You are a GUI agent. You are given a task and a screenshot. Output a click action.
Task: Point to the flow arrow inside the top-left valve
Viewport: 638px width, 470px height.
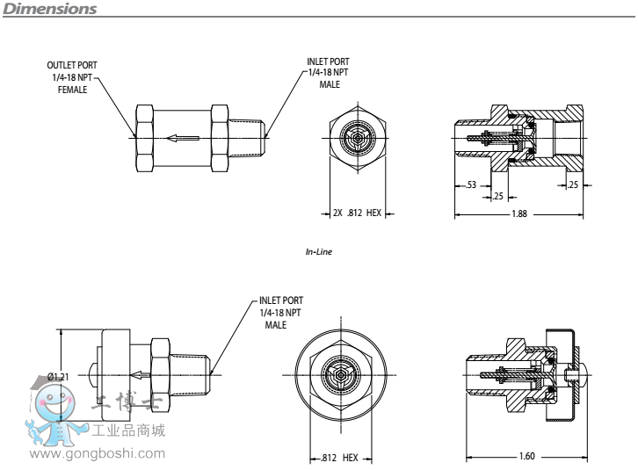point(183,137)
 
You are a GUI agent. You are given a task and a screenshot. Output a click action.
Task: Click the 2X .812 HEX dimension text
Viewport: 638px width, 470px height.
point(358,213)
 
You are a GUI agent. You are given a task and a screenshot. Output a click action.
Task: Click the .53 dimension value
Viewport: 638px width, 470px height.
point(471,184)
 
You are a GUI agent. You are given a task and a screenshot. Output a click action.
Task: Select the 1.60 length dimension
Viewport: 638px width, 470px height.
point(527,456)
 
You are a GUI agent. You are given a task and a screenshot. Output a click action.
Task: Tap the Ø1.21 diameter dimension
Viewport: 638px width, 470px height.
point(59,377)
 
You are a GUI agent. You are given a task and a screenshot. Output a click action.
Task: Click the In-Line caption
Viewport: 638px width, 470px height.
point(319,252)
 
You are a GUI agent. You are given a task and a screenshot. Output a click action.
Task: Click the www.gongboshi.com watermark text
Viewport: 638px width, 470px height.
point(98,453)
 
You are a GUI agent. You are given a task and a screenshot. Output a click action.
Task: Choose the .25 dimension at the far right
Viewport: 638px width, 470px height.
point(573,184)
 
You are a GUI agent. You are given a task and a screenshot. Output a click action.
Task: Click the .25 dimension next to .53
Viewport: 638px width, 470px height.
point(498,196)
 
